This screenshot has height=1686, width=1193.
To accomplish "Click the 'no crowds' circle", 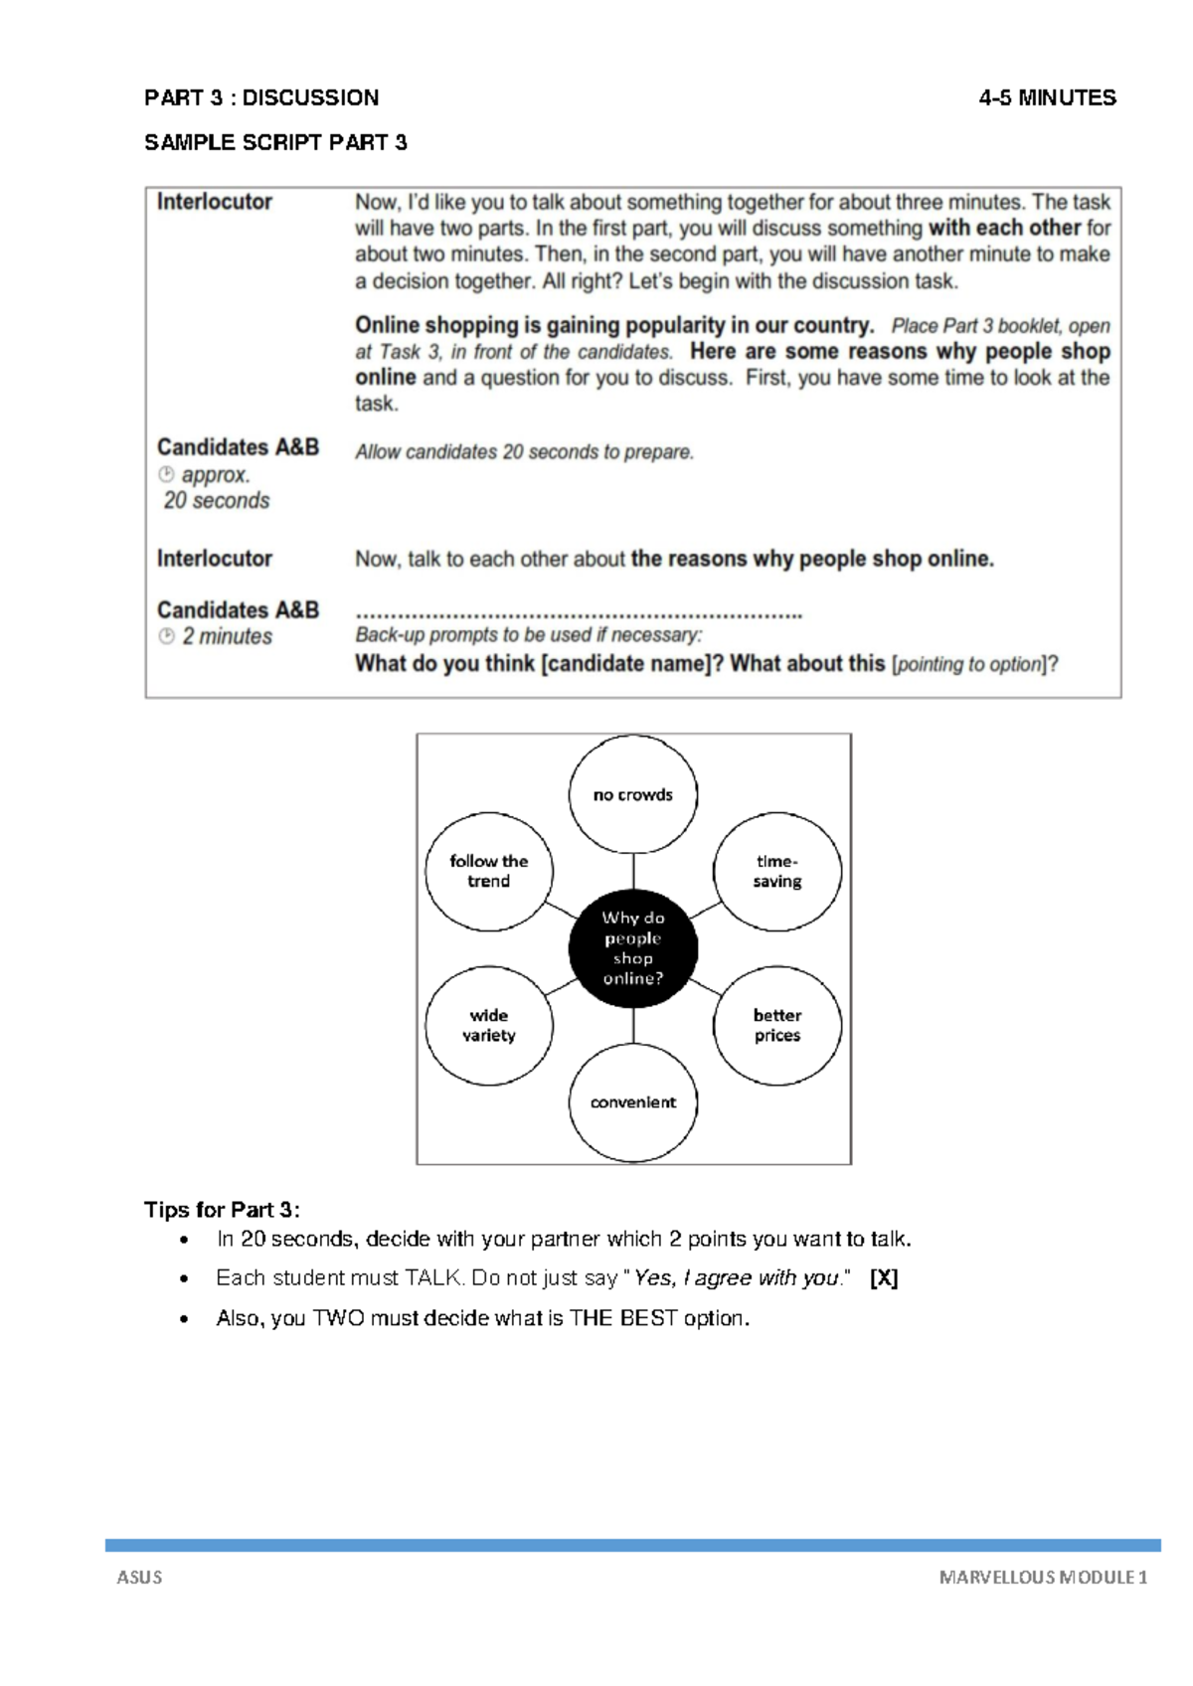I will click(x=633, y=794).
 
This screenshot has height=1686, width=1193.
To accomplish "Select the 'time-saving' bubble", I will click(x=776, y=872).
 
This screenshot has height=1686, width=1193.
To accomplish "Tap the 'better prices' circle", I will click(x=776, y=1025).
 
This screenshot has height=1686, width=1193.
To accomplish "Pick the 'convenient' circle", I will click(x=633, y=1102).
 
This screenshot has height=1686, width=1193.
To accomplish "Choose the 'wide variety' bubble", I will click(x=489, y=1025).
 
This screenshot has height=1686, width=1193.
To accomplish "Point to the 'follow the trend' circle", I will click(x=489, y=872).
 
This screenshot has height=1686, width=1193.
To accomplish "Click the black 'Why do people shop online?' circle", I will click(x=633, y=948).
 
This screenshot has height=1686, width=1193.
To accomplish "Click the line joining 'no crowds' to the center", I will click(x=633, y=871).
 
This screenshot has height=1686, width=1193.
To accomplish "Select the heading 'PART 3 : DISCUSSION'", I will click(x=261, y=97).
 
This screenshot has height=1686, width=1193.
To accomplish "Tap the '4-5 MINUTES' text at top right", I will click(x=1047, y=97).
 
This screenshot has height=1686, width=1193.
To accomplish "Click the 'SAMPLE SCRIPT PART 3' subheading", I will click(x=275, y=142).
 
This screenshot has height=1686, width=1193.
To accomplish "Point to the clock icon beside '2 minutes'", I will click(x=166, y=636).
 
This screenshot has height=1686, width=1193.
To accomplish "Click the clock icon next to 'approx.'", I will click(x=166, y=474).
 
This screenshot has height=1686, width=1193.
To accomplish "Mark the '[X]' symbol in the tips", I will click(x=884, y=1278).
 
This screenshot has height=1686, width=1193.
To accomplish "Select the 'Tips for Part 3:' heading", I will click(x=222, y=1210).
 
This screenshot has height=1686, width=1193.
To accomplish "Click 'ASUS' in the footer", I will click(x=139, y=1577).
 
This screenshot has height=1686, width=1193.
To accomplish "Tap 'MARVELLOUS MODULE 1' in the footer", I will click(x=1043, y=1577).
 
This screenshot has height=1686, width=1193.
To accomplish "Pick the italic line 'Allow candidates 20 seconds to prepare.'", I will click(x=524, y=452).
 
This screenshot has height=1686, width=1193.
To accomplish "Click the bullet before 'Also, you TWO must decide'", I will click(x=183, y=1320).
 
